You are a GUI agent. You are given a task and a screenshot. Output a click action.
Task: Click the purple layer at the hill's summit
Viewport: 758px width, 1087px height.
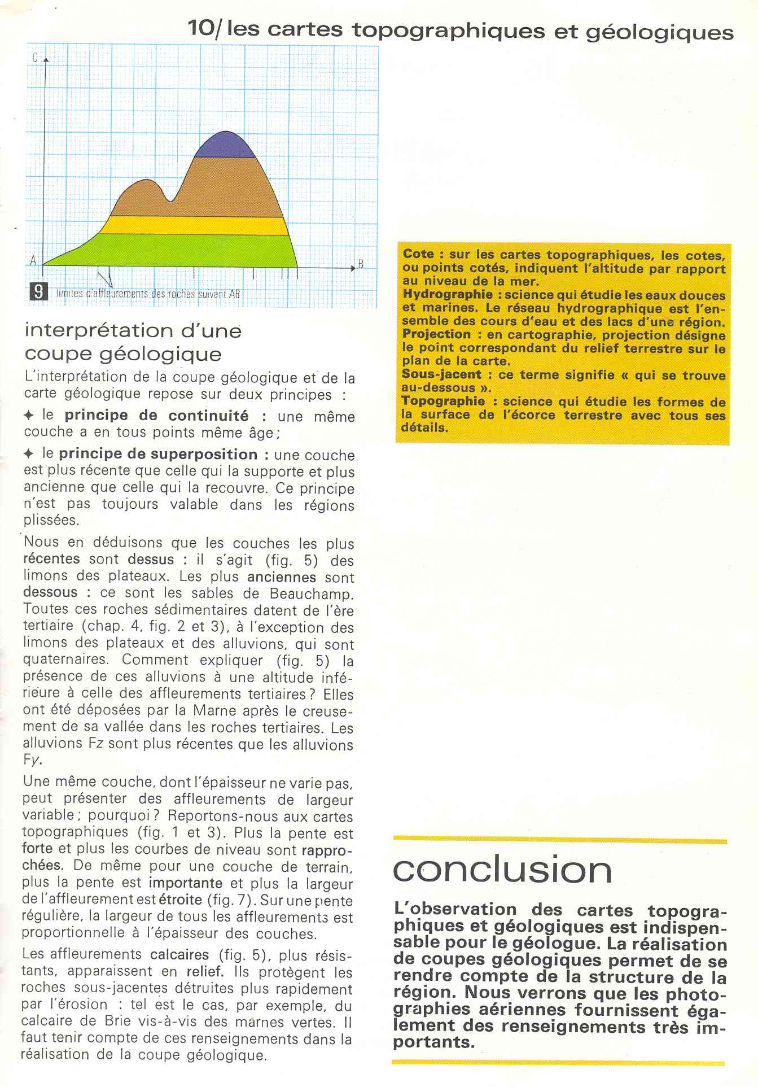pyautogui.click(x=225, y=146)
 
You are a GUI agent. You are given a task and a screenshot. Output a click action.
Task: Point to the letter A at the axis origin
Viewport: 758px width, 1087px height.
pyautogui.click(x=33, y=261)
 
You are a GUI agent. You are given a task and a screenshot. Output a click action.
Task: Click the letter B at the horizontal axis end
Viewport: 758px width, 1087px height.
pyautogui.click(x=360, y=264)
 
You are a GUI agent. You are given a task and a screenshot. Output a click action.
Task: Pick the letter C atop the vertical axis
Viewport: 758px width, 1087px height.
pyautogui.click(x=35, y=57)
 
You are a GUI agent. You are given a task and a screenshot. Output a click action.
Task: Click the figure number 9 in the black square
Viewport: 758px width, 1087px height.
pyautogui.click(x=38, y=292)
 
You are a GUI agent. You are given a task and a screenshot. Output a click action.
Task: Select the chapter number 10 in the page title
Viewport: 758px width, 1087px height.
pyautogui.click(x=200, y=28)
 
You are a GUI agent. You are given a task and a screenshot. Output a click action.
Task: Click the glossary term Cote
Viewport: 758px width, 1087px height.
pyautogui.click(x=419, y=254)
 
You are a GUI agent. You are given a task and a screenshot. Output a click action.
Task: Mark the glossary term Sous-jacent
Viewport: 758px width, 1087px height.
pyautogui.click(x=441, y=374)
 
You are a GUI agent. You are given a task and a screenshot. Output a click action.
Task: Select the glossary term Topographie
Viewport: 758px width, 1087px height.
pyautogui.click(x=443, y=401)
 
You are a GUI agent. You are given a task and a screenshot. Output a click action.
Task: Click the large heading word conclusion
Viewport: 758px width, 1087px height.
pyautogui.click(x=502, y=870)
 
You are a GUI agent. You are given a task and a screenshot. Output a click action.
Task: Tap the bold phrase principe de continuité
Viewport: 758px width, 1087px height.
pyautogui.click(x=156, y=416)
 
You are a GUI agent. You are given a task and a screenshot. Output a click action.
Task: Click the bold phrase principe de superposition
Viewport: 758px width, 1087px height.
pyautogui.click(x=158, y=454)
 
